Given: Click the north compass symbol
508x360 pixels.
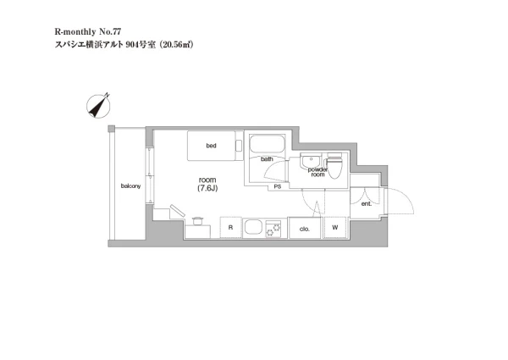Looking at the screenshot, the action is [x=98, y=106].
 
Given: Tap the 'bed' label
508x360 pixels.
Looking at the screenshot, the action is [x=211, y=146].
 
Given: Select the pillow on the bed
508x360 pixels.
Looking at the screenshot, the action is [x=239, y=146].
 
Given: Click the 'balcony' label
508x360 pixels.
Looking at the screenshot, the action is [x=131, y=186].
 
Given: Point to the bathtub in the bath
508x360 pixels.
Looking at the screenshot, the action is [x=267, y=144].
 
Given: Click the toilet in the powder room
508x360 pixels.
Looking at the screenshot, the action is [x=334, y=165].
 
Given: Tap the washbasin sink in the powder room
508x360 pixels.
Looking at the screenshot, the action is [x=311, y=161].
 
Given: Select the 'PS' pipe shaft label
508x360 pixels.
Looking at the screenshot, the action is [x=278, y=187].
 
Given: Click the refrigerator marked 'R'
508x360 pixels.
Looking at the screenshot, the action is [x=230, y=228].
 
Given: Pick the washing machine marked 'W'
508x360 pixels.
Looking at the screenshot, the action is [x=335, y=228].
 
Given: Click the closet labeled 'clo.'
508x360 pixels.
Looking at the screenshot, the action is [x=305, y=228].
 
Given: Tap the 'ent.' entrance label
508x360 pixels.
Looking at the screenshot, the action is [x=367, y=204].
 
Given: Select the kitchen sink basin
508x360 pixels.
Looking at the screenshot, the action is [x=253, y=227].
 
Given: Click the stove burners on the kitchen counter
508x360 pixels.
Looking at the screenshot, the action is [x=273, y=229].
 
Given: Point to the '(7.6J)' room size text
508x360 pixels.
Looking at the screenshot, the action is [x=207, y=188].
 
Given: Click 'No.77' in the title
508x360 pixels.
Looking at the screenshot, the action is [x=110, y=31].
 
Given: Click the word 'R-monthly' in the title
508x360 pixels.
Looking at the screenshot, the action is [x=75, y=31].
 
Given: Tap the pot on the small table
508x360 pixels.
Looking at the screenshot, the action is [x=197, y=221].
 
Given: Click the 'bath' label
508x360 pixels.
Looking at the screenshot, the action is [x=267, y=159].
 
